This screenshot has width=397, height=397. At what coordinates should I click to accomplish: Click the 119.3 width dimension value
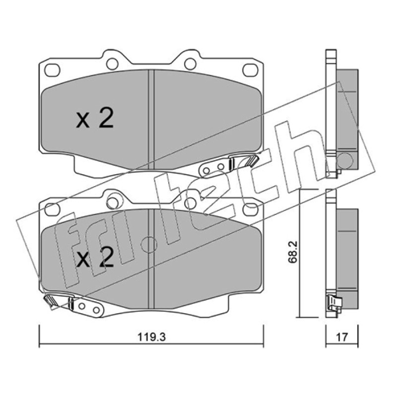151,337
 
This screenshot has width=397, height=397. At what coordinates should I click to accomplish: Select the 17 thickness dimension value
342,337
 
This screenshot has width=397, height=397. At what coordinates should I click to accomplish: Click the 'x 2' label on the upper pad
95,118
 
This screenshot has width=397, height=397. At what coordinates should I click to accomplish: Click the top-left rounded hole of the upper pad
52,70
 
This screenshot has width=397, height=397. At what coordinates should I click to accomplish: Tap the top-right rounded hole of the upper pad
251,70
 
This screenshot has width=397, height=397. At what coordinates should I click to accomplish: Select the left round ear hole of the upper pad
113,64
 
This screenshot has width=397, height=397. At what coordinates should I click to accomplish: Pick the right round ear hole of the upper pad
191,64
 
